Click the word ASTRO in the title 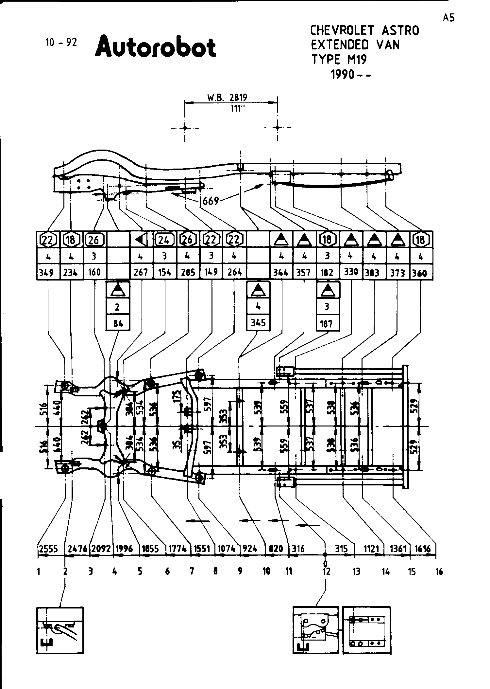(400, 31)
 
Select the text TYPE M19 (339, 60)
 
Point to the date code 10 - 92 (61, 43)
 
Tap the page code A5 (449, 18)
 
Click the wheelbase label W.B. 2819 (227, 97)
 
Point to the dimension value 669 (211, 200)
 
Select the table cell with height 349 (48, 272)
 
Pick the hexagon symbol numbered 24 (164, 240)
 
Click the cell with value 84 (118, 323)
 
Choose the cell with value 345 (258, 323)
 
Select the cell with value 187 (327, 324)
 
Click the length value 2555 (48, 549)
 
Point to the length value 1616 (423, 549)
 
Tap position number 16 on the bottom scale (439, 572)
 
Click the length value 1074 (227, 549)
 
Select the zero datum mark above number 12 (325, 563)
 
